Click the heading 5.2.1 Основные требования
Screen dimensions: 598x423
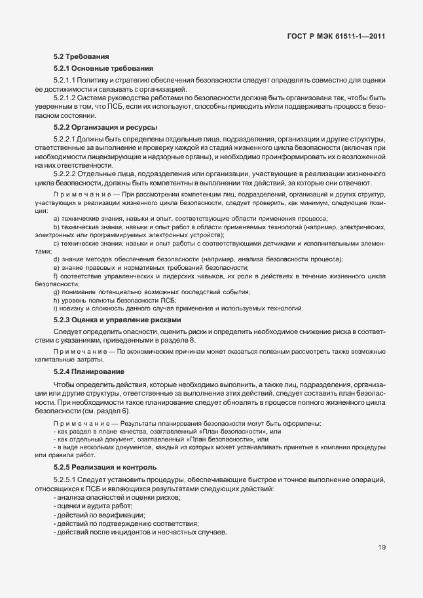click(103, 67)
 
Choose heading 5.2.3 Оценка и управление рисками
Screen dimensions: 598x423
click(117, 320)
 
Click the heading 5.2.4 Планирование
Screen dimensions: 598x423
click(89, 371)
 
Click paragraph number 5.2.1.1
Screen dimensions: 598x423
click(67, 79)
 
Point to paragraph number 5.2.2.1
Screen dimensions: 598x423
click(67, 139)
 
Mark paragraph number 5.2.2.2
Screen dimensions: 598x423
click(67, 174)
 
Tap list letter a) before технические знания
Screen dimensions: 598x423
click(56, 217)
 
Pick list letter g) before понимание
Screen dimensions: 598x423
click(56, 291)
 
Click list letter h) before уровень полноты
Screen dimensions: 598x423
click(56, 300)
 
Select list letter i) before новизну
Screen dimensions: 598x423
click(56, 308)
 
